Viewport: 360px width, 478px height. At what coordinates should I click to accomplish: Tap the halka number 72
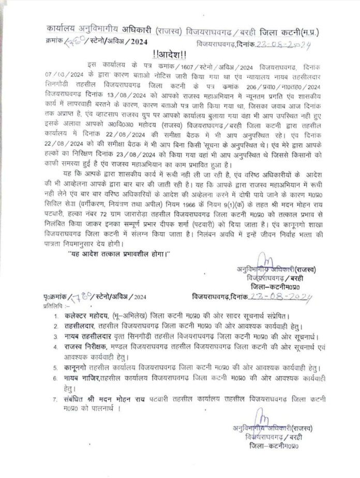tap(109, 208)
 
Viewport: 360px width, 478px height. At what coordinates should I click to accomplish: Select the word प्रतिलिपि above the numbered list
tap(52, 305)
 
